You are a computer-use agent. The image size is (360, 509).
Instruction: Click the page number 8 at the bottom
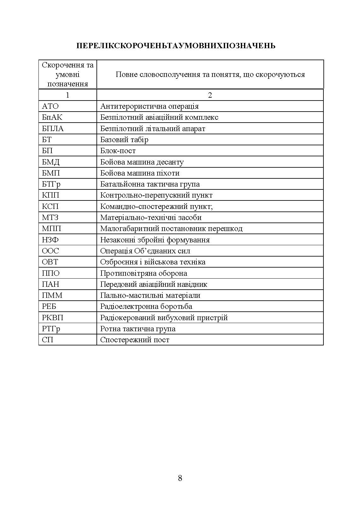[180, 478]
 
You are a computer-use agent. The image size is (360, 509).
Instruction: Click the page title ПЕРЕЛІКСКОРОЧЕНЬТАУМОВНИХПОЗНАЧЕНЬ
[176, 46]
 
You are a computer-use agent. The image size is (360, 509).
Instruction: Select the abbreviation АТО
[50, 106]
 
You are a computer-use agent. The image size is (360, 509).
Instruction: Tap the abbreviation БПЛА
[53, 129]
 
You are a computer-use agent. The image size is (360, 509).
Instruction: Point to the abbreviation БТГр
[51, 184]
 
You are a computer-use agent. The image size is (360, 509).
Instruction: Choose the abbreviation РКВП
[53, 318]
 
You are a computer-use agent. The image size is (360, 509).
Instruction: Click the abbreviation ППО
[51, 273]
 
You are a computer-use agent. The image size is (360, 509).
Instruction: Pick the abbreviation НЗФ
[50, 240]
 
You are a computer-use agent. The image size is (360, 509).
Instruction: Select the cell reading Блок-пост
[118, 151]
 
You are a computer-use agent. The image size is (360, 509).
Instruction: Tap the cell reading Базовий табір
[124, 140]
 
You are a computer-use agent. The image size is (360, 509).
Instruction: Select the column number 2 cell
[210, 95]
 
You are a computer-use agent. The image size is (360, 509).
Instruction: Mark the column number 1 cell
[67, 95]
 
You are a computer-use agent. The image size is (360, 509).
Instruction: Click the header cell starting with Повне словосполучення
[210, 75]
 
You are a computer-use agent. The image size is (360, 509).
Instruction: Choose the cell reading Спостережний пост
[135, 340]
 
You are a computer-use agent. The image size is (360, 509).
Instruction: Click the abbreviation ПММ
[52, 295]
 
